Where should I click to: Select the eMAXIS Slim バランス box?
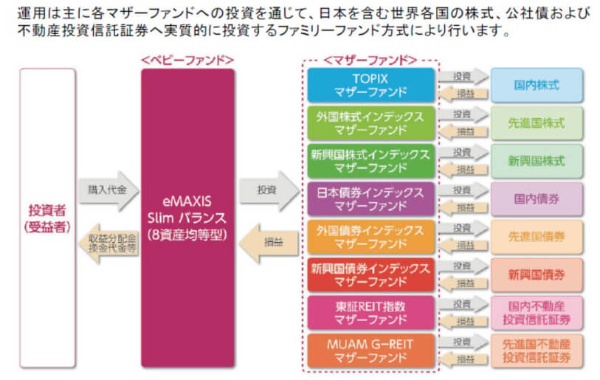tap(187, 218)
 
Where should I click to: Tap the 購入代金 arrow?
tap(108, 191)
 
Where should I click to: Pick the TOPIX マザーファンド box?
tap(370, 85)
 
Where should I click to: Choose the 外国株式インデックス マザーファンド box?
tap(370, 123)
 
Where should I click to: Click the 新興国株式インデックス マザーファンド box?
tap(370, 161)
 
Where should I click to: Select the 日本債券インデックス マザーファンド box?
tap(370, 198)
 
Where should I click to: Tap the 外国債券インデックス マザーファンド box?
tap(370, 236)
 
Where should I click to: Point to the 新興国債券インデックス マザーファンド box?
tap(370, 274)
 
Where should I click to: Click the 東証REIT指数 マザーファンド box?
tap(370, 312)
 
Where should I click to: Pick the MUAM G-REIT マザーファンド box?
tap(370, 350)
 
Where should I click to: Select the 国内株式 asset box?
tap(537, 85)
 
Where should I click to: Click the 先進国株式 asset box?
tap(537, 123)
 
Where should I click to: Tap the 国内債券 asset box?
tap(537, 198)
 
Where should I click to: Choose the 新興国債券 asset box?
tap(537, 274)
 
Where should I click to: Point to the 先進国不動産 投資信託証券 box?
tap(537, 350)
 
